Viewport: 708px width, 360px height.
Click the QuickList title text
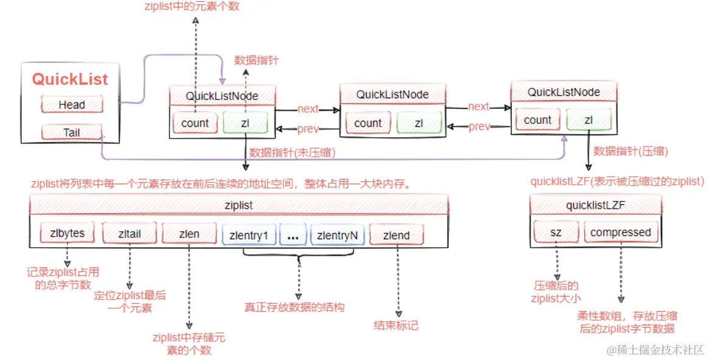(70, 79)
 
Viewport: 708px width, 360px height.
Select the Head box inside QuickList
(71, 105)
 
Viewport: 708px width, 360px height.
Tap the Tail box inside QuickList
(71, 132)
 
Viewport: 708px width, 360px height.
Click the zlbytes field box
(63, 234)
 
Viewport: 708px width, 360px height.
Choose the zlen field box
(189, 234)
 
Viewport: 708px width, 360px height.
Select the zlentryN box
(337, 235)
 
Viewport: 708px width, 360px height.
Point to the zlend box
(396, 235)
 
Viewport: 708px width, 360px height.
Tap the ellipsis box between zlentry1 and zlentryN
(293, 235)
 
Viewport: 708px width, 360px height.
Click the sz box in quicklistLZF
(556, 232)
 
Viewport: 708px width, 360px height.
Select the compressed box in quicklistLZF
(620, 232)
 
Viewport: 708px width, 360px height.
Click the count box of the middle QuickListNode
(368, 123)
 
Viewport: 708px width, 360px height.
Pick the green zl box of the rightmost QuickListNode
(588, 120)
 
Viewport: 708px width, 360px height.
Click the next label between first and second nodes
(308, 109)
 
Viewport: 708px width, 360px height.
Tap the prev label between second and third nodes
(479, 127)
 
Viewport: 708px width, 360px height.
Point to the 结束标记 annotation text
(396, 325)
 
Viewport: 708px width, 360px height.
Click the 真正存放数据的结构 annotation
(294, 307)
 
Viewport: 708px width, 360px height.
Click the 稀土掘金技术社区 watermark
(654, 349)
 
